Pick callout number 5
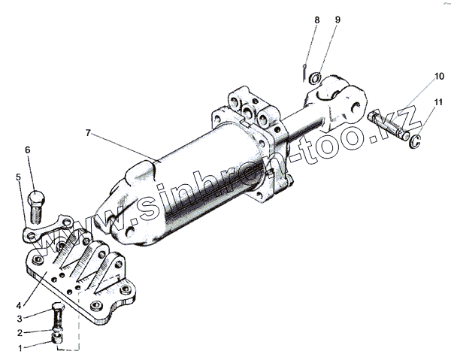18,177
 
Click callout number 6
29,150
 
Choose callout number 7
88,132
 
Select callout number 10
438,77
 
